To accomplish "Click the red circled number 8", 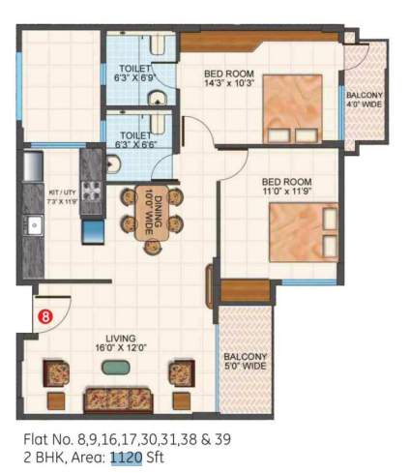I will coord(44,314).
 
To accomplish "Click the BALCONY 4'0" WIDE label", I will coord(366,101).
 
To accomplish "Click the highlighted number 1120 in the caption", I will coord(125,456).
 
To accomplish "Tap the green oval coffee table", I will coord(117,367).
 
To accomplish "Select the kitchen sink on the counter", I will coord(33,227).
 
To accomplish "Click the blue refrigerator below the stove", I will coord(93,231).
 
